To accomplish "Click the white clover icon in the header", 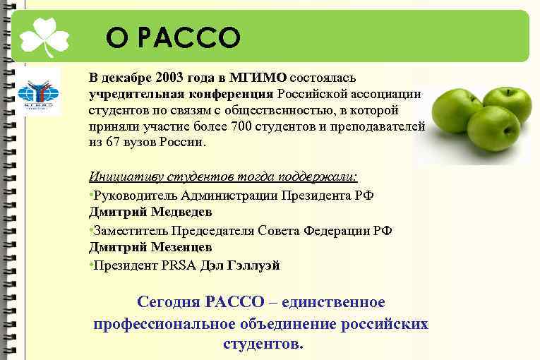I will [44, 36].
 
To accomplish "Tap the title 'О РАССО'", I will [174, 37].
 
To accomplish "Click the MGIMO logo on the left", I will [34, 94].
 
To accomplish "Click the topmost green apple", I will [506, 104].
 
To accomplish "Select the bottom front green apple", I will [493, 128].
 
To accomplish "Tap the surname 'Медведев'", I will [179, 212].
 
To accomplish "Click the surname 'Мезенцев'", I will [179, 247].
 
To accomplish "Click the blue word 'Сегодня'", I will [169, 302].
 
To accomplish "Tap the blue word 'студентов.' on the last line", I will [263, 344].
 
